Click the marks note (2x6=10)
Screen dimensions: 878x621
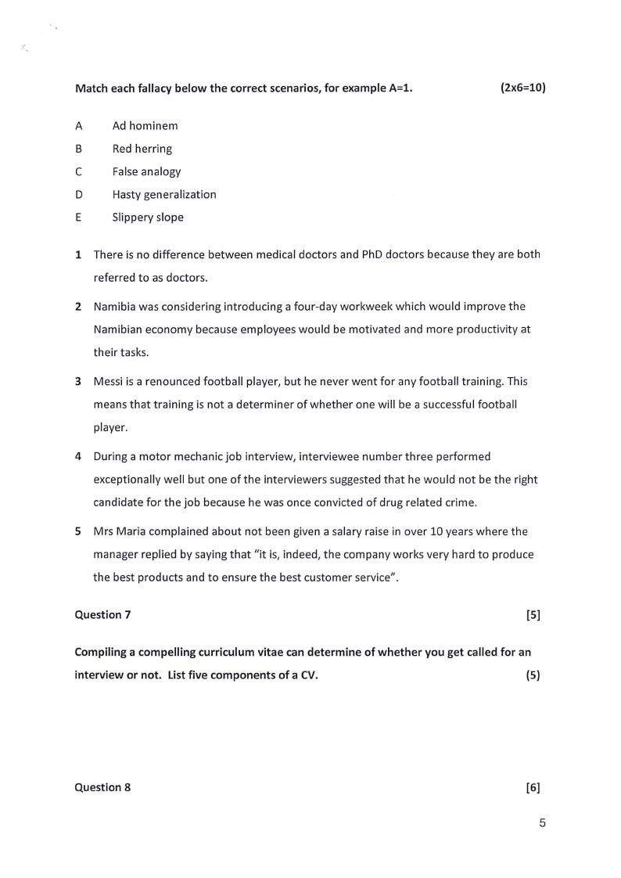522,88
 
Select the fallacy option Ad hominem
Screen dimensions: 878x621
145,125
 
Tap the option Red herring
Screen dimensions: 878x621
142,149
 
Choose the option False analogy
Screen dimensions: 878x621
146,171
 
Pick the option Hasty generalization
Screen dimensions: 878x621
164,194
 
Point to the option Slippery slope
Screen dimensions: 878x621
148,218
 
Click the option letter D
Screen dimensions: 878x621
78,194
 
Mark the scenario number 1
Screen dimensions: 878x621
78,254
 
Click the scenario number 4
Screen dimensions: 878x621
78,456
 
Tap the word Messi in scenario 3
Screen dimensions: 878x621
108,381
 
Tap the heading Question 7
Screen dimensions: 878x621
102,614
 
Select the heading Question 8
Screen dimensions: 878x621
102,787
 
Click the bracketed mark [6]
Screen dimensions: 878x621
533,787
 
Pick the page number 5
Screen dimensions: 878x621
542,822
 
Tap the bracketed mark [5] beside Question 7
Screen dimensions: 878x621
533,614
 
